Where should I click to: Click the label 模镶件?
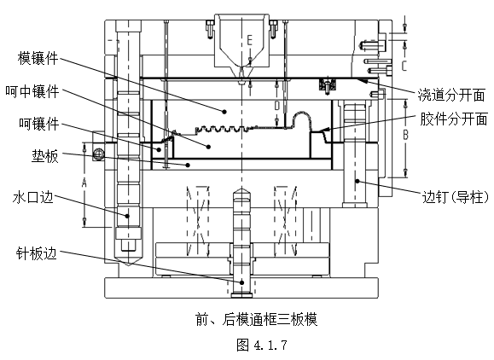39,58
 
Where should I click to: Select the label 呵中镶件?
32,90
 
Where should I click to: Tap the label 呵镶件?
39,124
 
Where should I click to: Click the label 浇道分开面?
452,93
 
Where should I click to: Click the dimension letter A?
83,183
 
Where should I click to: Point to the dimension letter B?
406,135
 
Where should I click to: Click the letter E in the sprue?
249,39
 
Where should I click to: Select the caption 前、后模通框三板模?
256,321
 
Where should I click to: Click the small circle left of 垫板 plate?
100,154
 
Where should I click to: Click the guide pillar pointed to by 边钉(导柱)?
355,154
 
